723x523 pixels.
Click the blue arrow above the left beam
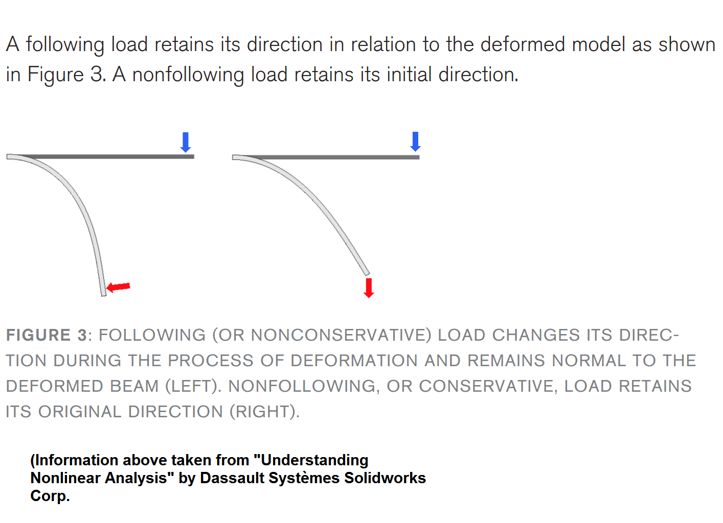pyautogui.click(x=186, y=142)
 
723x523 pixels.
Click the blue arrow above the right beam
pyautogui.click(x=415, y=141)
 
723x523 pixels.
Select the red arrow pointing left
pyautogui.click(x=118, y=287)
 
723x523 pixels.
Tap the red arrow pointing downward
pyautogui.click(x=369, y=288)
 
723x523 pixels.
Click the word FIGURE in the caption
pyautogui.click(x=38, y=335)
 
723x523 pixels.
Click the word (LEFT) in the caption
pyautogui.click(x=193, y=386)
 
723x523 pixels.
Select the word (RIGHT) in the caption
pyautogui.click(x=264, y=412)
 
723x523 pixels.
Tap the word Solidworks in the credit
pyautogui.click(x=385, y=478)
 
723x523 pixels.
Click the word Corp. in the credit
pyautogui.click(x=50, y=496)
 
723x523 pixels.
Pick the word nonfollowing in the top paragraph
pyautogui.click(x=188, y=75)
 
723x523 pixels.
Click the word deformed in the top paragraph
pyautogui.click(x=523, y=44)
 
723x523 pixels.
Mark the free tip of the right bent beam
pyautogui.click(x=368, y=275)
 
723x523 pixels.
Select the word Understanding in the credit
pyautogui.click(x=314, y=461)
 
